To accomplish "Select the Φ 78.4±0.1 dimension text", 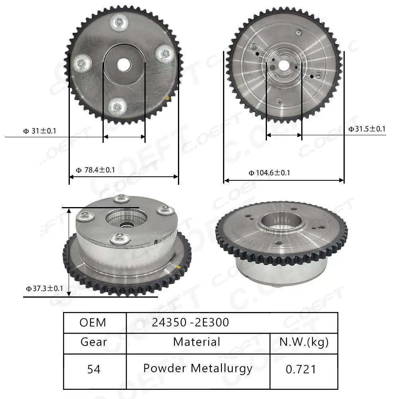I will click(95, 170).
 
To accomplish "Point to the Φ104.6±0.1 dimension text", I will click(269, 173).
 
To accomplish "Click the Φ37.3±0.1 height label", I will click(44, 288).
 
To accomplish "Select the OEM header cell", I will click(93, 322).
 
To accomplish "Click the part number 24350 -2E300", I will click(190, 322).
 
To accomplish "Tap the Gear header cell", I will click(94, 342).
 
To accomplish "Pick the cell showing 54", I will click(94, 369).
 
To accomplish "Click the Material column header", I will click(197, 342).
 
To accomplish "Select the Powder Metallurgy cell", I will click(198, 368).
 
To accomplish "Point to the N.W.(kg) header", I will click(303, 342).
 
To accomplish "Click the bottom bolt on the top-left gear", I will click(117, 107).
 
